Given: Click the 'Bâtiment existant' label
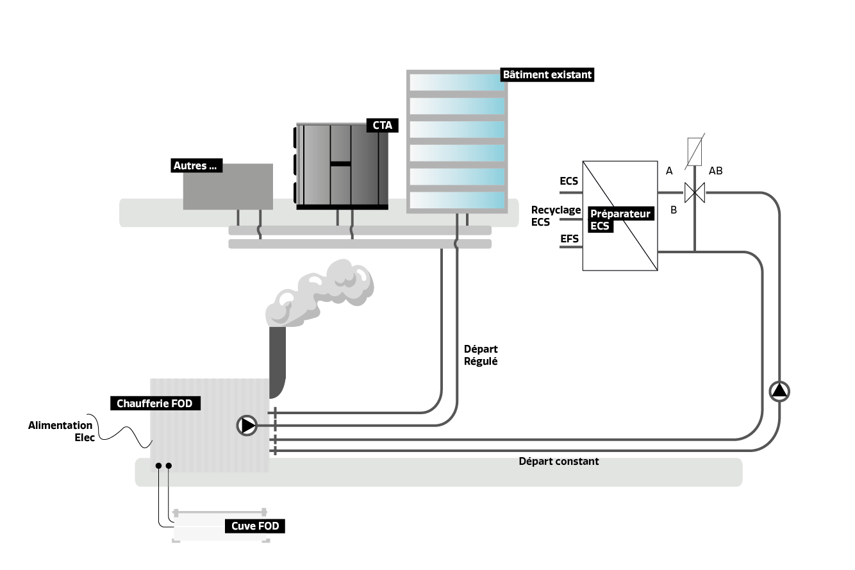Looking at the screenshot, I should [547, 75].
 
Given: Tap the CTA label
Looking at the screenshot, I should [382, 126].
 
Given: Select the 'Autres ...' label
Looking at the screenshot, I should [195, 166].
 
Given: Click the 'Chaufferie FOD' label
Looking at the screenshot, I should [154, 404].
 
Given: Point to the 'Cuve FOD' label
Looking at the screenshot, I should [255, 526].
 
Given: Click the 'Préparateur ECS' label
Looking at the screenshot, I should [620, 220].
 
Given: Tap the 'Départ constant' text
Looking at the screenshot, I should [558, 461].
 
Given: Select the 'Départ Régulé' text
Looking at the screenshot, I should [481, 355].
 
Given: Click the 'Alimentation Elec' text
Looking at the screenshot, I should [62, 432].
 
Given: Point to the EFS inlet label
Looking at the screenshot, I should [569, 239].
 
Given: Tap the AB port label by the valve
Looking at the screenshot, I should [715, 171].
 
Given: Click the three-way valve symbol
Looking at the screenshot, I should [694, 192].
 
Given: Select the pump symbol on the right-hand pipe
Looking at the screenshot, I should [779, 391].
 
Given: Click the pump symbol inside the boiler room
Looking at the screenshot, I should [247, 425].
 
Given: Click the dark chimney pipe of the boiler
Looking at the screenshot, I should [277, 362].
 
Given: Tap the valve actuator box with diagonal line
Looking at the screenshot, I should [695, 151].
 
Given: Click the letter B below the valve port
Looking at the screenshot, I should [673, 209].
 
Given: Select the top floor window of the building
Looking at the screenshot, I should [456, 83].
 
